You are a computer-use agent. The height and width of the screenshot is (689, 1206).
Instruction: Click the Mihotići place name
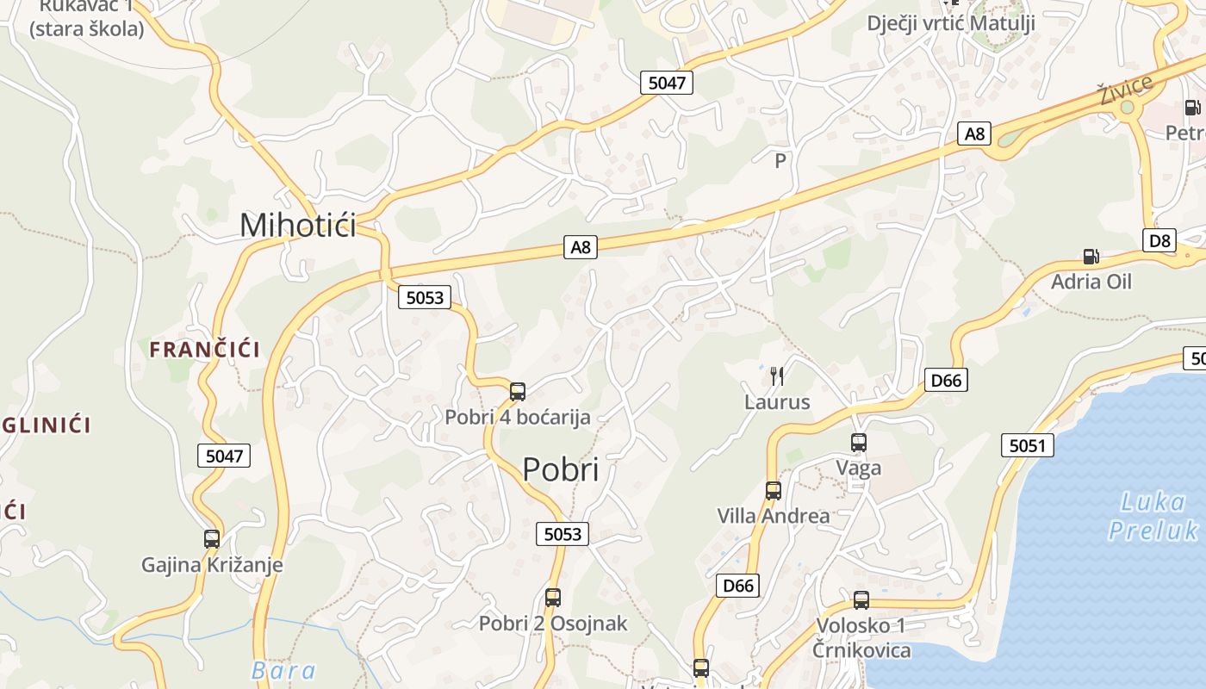[x=297, y=226]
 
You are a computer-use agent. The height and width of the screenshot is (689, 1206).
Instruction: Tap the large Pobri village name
[x=560, y=469]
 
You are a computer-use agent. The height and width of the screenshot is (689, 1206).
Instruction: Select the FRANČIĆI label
[x=204, y=349]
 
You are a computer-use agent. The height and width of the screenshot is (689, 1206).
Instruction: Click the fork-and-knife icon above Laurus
[x=777, y=376]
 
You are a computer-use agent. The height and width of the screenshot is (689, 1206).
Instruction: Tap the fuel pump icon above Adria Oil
[x=1091, y=256]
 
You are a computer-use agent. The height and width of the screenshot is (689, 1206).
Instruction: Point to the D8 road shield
[x=1160, y=240]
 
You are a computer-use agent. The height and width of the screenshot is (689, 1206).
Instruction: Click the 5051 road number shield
[x=1028, y=445]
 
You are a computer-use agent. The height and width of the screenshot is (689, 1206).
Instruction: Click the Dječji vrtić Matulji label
[x=950, y=22]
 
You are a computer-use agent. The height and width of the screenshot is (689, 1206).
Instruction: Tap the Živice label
[x=1125, y=89]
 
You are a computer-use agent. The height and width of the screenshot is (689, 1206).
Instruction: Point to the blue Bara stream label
[x=283, y=671]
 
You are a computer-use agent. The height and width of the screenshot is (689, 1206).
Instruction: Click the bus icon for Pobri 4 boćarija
[x=518, y=391]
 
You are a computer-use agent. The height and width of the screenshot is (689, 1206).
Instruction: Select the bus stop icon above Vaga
[x=859, y=443]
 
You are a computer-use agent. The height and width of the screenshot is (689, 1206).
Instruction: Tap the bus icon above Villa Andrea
[x=774, y=491]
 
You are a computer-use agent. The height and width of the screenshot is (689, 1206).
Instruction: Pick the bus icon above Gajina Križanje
[x=212, y=539]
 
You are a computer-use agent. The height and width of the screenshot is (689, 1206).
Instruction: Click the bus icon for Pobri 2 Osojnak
[x=553, y=597]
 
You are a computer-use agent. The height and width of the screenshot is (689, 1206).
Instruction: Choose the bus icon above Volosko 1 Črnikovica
[x=861, y=599]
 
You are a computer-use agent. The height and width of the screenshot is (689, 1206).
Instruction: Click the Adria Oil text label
[x=1091, y=282]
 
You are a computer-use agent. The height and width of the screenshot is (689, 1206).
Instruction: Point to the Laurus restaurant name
[x=777, y=402]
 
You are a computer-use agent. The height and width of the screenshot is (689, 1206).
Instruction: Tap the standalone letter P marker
[x=780, y=160]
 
